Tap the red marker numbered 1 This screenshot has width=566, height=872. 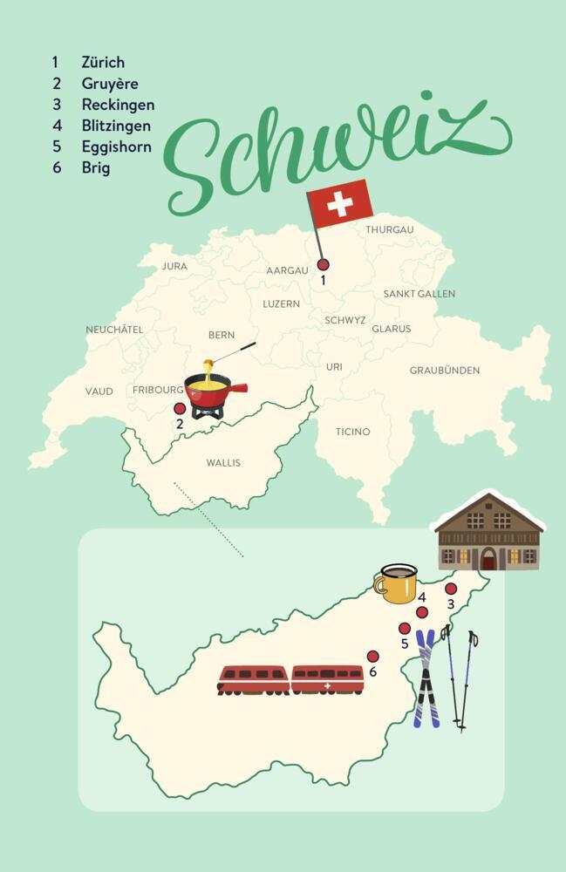(323, 264)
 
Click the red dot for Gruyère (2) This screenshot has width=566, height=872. (180, 408)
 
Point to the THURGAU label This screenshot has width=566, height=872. (389, 229)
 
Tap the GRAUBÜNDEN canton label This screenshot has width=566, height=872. (445, 371)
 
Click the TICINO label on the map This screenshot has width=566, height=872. (352, 432)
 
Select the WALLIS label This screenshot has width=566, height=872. (223, 463)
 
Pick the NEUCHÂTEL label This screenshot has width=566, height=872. (114, 330)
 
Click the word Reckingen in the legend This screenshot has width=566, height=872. (118, 105)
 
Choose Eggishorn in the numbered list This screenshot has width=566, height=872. (116, 146)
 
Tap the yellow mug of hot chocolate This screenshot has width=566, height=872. (397, 584)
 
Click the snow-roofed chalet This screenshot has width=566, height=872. (488, 532)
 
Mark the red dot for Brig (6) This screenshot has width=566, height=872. (373, 656)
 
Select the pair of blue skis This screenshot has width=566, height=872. (426, 678)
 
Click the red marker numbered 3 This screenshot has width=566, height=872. (451, 589)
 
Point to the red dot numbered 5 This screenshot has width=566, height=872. (405, 628)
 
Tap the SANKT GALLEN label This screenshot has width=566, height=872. (419, 294)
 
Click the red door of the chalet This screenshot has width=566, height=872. (488, 559)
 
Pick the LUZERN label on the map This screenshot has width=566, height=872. (281, 304)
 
